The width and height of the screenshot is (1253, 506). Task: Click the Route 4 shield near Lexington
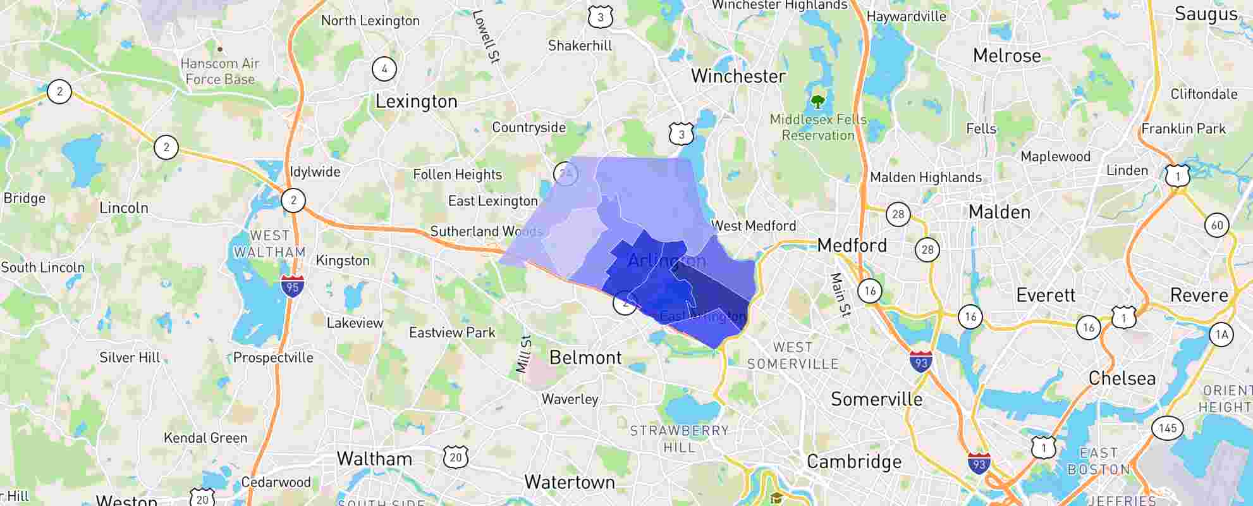[x=384, y=68]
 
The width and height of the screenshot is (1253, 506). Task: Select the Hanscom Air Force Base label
[x=220, y=71]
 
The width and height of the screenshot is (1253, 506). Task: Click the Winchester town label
[x=738, y=77]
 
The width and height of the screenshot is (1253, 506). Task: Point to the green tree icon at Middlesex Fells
[x=817, y=101]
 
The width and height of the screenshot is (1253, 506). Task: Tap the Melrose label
[x=1006, y=56]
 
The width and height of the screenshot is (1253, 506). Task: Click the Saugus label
[x=1206, y=15]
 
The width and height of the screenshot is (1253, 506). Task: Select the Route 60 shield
[x=1217, y=225]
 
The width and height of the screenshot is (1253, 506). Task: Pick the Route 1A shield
[x=1221, y=335]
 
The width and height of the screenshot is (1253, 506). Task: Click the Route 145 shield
[x=1167, y=428]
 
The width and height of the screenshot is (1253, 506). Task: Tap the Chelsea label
[x=1122, y=378]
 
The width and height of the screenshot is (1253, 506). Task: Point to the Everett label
[x=1046, y=295]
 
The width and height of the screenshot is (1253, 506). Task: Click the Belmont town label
[x=585, y=358]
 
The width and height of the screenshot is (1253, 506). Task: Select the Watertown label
[x=570, y=482]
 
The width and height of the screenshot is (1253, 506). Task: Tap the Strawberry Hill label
[x=680, y=439]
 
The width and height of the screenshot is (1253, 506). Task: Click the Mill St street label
[x=523, y=354]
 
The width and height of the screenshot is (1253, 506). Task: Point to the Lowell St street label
[x=486, y=36]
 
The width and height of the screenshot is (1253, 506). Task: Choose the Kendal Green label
[x=205, y=438]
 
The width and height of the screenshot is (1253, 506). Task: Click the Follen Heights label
[x=457, y=175]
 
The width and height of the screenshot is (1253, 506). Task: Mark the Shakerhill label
[x=580, y=46]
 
